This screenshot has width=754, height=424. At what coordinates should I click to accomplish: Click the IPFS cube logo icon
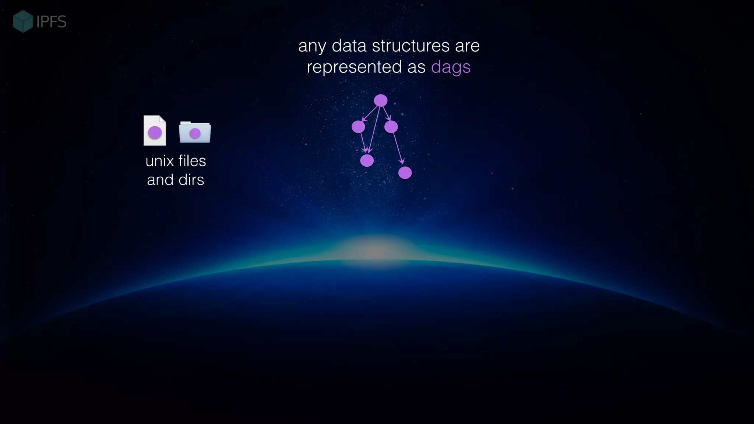point(23,21)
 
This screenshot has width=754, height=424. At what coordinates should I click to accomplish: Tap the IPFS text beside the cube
point(52,22)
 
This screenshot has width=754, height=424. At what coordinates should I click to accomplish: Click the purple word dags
point(451,67)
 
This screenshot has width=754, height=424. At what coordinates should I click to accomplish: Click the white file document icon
point(155,131)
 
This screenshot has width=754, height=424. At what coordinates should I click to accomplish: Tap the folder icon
point(195,132)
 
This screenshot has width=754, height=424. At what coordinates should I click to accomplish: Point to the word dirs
point(191,180)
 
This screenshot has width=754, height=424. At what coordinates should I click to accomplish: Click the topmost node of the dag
point(381,100)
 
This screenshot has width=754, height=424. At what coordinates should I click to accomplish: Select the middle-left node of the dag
point(358,127)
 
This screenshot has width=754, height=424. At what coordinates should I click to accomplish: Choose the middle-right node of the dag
point(391,127)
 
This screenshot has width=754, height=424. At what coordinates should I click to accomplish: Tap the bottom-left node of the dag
point(367,160)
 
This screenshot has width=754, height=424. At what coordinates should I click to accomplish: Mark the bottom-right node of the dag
point(405,173)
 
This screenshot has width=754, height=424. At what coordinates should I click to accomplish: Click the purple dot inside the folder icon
point(195,133)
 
